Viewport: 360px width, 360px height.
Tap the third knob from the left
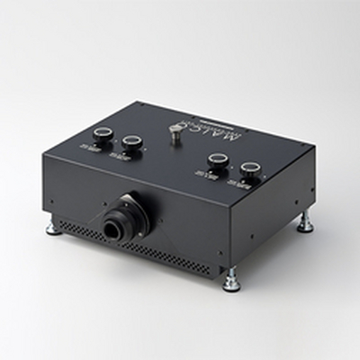tap(216, 161)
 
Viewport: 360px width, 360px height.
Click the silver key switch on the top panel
tap(175, 131)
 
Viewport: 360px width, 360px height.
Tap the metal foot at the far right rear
tap(305, 222)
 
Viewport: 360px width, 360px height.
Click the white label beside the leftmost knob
tap(92, 144)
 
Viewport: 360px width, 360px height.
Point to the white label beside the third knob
tap(203, 175)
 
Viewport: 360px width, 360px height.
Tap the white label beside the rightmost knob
tap(233, 184)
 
